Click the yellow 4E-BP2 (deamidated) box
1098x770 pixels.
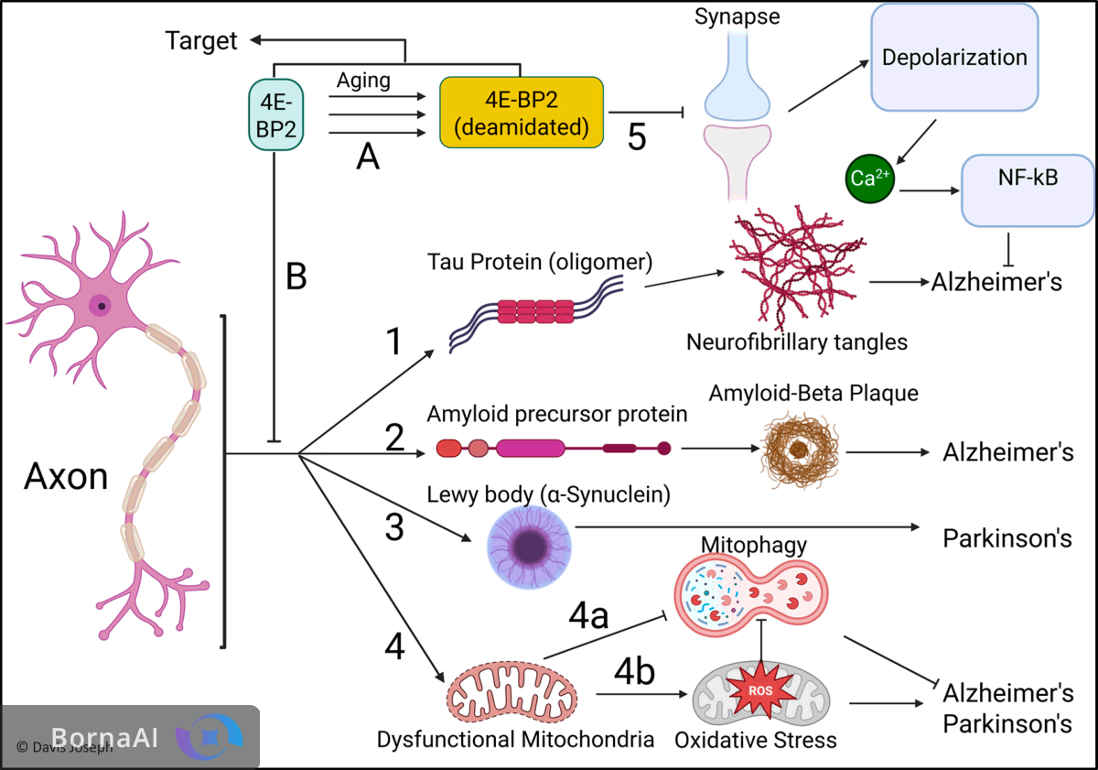(x=522, y=113)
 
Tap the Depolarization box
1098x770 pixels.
(x=954, y=58)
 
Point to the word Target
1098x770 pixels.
(x=201, y=40)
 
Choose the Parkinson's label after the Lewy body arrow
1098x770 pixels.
(x=1006, y=537)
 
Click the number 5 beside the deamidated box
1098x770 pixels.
(x=637, y=137)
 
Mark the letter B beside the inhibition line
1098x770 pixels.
(x=296, y=277)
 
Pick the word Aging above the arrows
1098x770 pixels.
(x=363, y=80)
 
